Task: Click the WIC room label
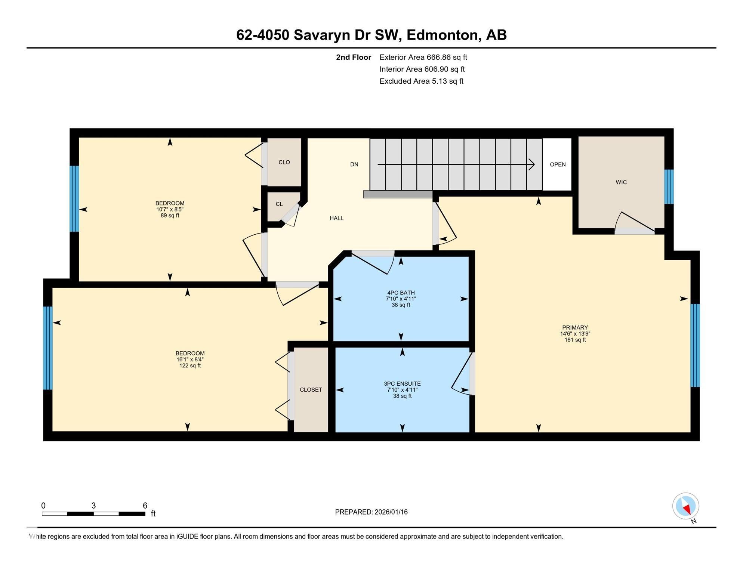click(x=621, y=182)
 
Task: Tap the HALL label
click(x=336, y=218)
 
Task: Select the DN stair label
click(x=354, y=164)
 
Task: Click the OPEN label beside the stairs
click(x=558, y=164)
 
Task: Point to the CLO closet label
click(x=284, y=162)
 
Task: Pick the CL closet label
click(x=279, y=204)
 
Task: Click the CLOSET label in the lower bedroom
click(x=311, y=389)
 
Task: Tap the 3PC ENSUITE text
click(x=402, y=384)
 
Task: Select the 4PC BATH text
click(x=401, y=293)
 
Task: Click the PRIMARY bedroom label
click(x=575, y=328)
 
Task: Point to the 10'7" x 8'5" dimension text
click(x=170, y=209)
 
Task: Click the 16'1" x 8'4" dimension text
click(x=190, y=359)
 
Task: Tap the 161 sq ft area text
click(x=575, y=340)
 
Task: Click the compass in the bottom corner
click(x=685, y=506)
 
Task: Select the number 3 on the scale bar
click(x=93, y=506)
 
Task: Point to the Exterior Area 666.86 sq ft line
click(x=423, y=57)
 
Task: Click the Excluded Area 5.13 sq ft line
click(x=421, y=81)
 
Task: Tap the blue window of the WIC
click(x=669, y=186)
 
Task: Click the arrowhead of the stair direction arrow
click(x=531, y=164)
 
